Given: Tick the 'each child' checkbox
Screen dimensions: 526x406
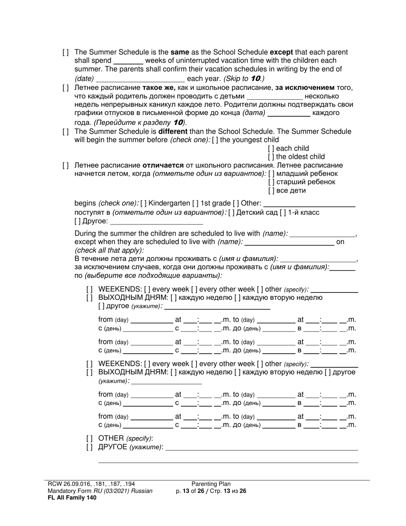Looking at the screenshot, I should point(271,148).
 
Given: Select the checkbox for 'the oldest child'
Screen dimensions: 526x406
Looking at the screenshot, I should point(271,157).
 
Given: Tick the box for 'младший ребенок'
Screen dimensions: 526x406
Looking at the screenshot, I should point(271,174).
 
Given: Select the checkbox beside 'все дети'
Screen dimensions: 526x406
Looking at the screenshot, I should point(271,190).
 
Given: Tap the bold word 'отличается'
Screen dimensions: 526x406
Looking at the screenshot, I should point(163,165).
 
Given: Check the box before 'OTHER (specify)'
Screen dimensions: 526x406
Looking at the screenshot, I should point(89,438).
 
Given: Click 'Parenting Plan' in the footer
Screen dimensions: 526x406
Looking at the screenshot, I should point(211,484).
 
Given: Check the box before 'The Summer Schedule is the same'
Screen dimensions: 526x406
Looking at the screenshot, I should point(65,52).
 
